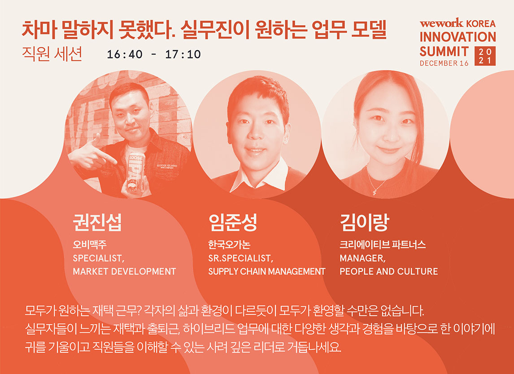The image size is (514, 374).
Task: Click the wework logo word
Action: [x=441, y=23]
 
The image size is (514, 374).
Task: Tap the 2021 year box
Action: [x=485, y=56]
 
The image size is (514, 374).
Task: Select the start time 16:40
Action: [x=125, y=54]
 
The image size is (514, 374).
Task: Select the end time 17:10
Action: [x=183, y=54]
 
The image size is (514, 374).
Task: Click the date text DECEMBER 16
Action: [x=444, y=63]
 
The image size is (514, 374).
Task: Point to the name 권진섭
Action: [x=97, y=222]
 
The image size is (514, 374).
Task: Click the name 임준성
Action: [x=232, y=222]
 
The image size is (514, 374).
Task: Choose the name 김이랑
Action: [x=364, y=222]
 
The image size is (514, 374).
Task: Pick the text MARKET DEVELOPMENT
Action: [x=124, y=271]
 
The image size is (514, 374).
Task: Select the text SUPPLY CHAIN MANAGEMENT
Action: [x=267, y=271]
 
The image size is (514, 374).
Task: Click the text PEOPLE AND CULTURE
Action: [x=389, y=271]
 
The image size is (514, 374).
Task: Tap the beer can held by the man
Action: [x=135, y=172]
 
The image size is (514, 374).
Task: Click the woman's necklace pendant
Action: [x=374, y=192]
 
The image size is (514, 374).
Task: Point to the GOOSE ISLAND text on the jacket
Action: [x=167, y=165]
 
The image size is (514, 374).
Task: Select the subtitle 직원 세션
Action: [x=52, y=54]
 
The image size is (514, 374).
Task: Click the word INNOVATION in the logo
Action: [x=457, y=37]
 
